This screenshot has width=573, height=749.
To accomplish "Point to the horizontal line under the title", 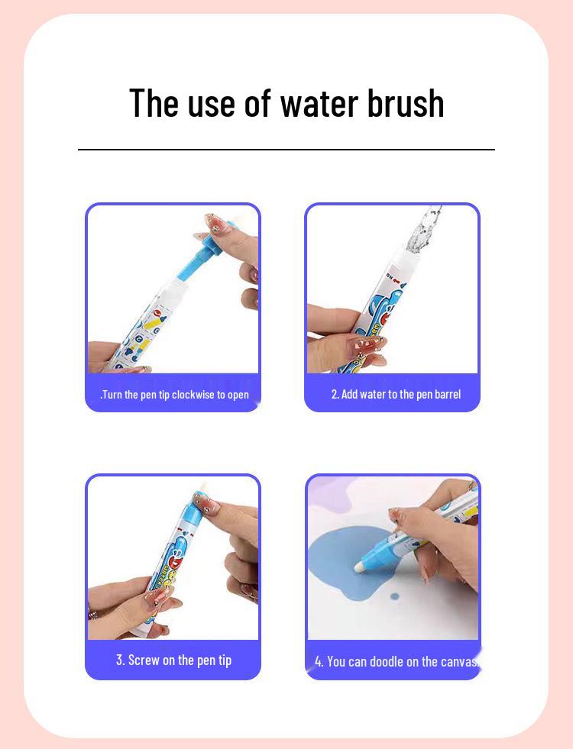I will coord(286,150).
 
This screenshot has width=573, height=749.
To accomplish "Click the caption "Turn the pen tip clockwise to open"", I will coord(174,395).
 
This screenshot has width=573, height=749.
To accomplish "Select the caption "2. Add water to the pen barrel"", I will coord(396,394).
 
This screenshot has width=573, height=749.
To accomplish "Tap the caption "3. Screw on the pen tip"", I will coord(173,660).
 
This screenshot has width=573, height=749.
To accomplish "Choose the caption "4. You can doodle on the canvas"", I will coord(396,661).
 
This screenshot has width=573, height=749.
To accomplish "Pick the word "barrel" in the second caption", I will coord(447,394).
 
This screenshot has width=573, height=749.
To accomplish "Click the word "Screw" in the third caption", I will coord(144,660).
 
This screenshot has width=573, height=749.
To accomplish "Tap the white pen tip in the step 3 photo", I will coord(203,489).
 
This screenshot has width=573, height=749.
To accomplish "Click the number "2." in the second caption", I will coord(335,394).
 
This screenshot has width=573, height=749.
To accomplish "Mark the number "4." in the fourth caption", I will coord(319,661).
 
